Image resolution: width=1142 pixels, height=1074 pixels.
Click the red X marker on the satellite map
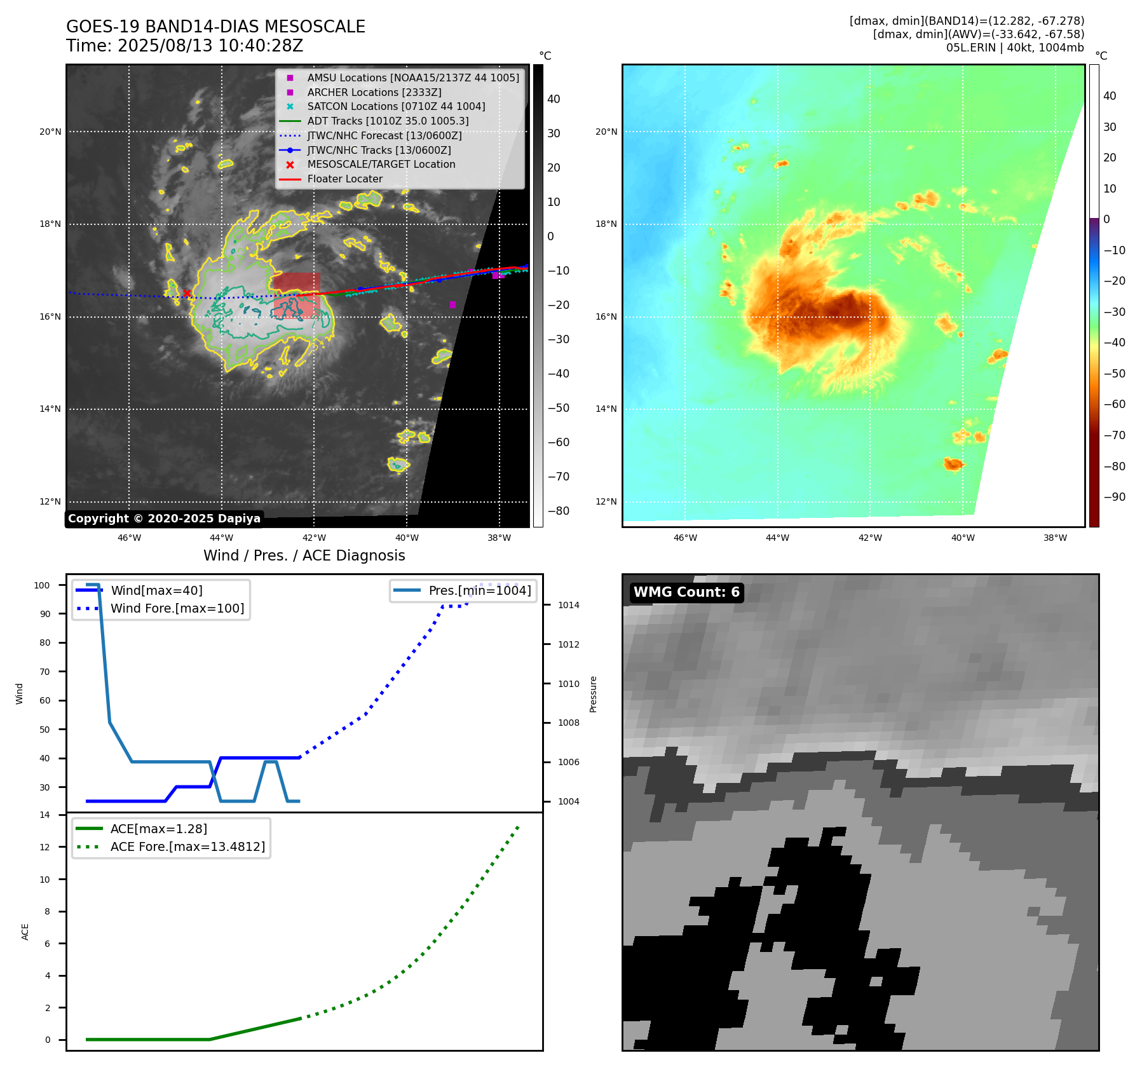[187, 293]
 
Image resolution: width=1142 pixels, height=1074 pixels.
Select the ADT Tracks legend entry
[388, 121]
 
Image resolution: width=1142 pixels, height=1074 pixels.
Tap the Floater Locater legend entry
[344, 179]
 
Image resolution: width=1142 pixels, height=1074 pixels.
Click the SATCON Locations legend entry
[396, 107]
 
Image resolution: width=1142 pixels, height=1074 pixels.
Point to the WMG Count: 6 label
[686, 592]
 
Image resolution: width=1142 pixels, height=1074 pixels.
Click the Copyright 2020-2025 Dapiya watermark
[164, 519]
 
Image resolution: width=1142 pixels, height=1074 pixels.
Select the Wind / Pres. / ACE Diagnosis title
[304, 555]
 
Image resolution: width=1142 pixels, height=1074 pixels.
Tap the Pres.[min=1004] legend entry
[479, 590]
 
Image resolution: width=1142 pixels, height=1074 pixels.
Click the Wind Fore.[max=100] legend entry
[177, 608]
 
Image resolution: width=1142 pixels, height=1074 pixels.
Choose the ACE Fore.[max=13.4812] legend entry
[187, 846]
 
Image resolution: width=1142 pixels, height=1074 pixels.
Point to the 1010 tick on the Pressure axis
[568, 684]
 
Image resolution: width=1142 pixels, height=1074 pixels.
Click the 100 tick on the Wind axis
[42, 585]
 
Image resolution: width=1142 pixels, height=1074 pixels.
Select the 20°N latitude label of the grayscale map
[50, 132]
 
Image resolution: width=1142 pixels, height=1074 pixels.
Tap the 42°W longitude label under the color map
[870, 538]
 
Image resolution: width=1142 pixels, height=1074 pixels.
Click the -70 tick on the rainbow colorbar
[1114, 435]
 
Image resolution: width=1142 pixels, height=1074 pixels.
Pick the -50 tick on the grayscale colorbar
[558, 408]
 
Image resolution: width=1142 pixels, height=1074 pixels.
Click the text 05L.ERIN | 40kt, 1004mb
[1015, 48]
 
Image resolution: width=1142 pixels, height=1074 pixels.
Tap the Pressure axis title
[593, 694]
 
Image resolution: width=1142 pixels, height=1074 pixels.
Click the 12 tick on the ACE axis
[44, 847]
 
